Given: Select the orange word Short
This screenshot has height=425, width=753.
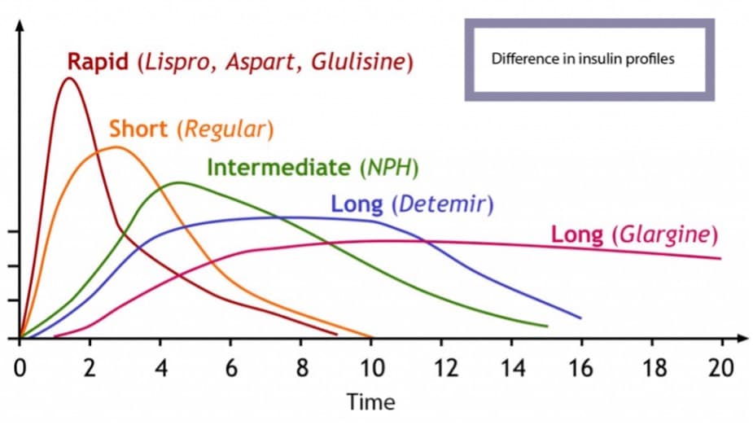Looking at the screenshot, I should [x=141, y=129].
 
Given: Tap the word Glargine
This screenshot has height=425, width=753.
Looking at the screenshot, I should [x=666, y=234].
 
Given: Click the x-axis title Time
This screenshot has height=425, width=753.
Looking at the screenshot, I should [x=370, y=401].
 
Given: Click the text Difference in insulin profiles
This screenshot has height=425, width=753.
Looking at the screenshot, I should [x=583, y=59].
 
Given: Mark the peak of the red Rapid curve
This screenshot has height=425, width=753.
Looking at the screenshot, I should [x=69, y=78].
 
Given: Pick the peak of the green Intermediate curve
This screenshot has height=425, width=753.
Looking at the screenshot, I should [x=178, y=182].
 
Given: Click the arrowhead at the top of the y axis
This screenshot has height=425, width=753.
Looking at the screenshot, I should [x=20, y=24].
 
